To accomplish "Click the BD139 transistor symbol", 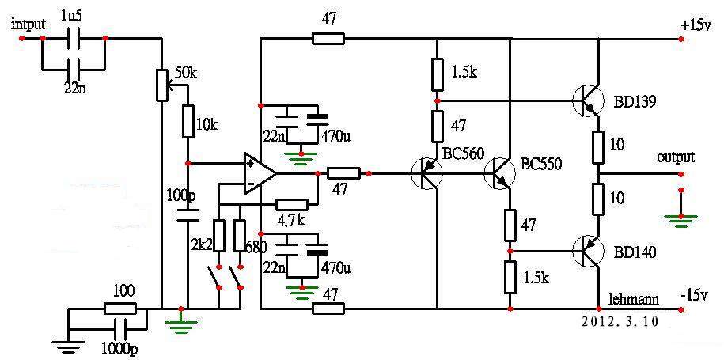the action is (x=588, y=100).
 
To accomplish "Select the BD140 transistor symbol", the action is (x=588, y=251).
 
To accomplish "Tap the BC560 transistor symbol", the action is (x=426, y=174).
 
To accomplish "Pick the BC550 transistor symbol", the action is (x=499, y=174).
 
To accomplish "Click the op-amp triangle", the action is (x=260, y=174).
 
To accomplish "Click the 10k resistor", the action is (x=188, y=121).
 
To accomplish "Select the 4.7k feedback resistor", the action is (x=291, y=204).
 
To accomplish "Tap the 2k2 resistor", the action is (x=219, y=236).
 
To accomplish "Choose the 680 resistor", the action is (x=240, y=236).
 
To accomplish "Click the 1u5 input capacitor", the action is (x=74, y=39).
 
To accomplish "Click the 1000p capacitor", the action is (x=119, y=329).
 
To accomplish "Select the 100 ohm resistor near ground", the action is (x=119, y=309).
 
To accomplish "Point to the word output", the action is (x=676, y=157).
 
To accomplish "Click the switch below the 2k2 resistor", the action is (x=214, y=277).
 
